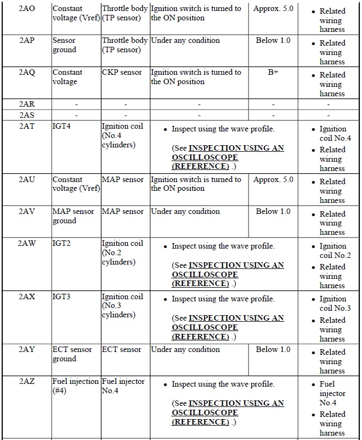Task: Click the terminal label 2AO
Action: [27, 9]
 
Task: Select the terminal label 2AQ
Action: [27, 72]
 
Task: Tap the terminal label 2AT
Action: [27, 126]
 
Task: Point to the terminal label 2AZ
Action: [27, 381]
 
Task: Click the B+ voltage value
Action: [273, 72]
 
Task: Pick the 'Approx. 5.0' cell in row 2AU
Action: [273, 179]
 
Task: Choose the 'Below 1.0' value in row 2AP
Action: [273, 40]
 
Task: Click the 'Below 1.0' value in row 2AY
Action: [273, 349]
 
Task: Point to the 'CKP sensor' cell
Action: [122, 72]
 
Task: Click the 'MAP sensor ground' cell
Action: [73, 216]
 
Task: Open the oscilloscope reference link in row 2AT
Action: [228, 157]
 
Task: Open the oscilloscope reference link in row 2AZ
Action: [228, 413]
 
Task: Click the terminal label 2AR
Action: [27, 104]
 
